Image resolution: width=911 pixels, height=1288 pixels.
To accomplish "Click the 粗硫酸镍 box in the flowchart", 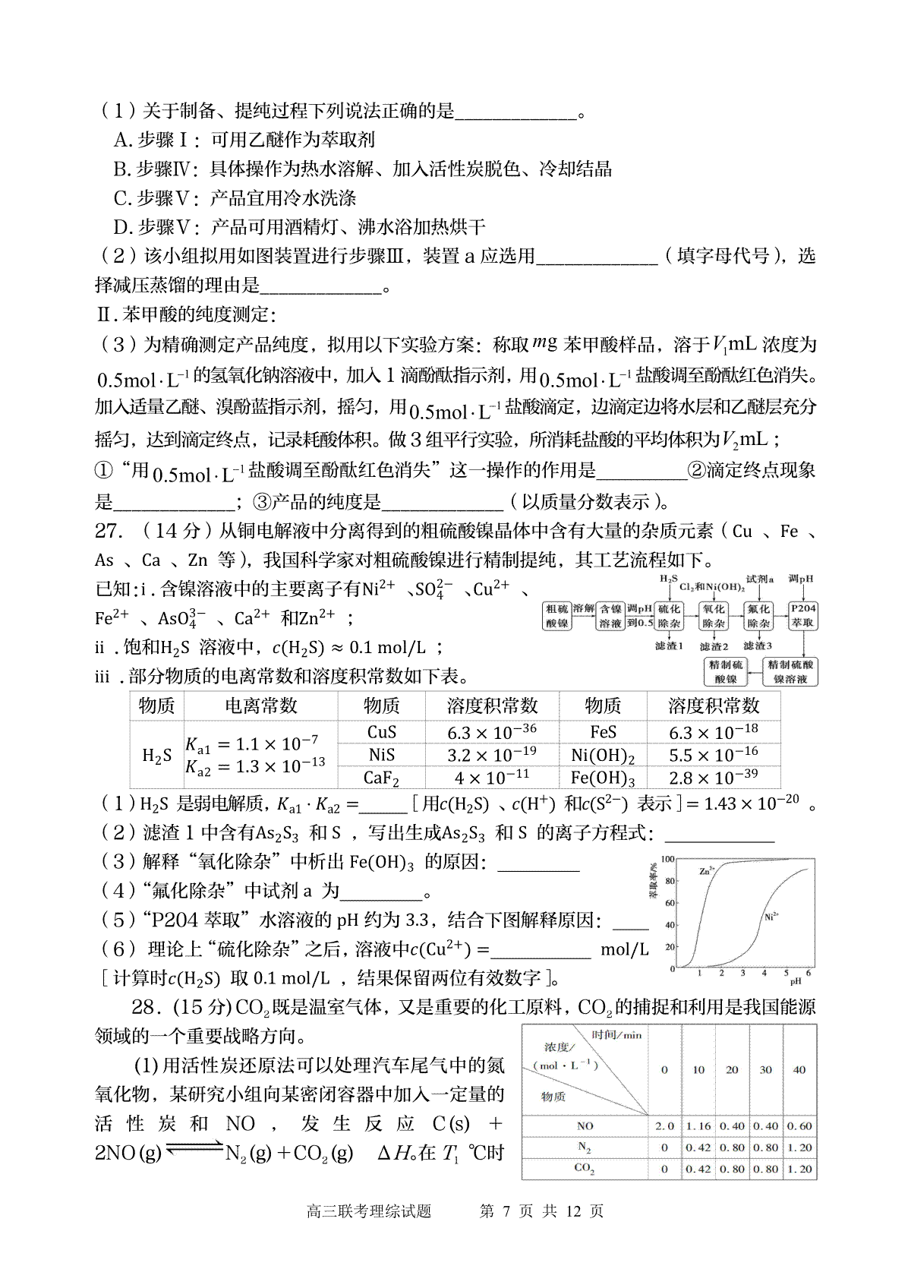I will tap(557, 616).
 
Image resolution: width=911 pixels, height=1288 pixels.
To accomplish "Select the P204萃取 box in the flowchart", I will tap(802, 616).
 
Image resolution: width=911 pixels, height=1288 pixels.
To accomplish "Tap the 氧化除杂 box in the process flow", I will tap(714, 616).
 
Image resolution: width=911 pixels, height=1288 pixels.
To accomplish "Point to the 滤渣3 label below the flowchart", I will tap(757, 646).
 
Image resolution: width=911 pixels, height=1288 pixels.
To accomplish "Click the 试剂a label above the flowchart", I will tap(759, 579).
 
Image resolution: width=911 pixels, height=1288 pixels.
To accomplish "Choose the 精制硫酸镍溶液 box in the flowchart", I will tap(790, 671).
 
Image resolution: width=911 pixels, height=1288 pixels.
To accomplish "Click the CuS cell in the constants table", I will tap(381, 732).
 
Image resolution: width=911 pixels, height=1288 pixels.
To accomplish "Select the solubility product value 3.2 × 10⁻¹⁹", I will tap(492, 755).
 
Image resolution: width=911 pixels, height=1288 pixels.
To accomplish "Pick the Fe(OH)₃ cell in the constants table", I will tap(603, 778).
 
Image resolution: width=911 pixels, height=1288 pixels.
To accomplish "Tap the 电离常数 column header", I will tap(260, 706).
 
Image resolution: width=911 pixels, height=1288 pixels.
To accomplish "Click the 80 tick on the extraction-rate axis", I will tap(670, 881).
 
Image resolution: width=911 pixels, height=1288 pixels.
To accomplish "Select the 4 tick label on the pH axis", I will tap(764, 973).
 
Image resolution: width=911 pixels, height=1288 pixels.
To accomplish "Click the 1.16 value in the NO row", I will tap(698, 1126).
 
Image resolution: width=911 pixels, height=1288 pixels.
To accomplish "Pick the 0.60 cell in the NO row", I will tap(799, 1126).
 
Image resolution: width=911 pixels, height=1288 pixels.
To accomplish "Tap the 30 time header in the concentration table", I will tap(765, 1070).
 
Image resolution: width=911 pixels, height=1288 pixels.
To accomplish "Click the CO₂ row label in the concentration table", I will tap(585, 1169).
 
